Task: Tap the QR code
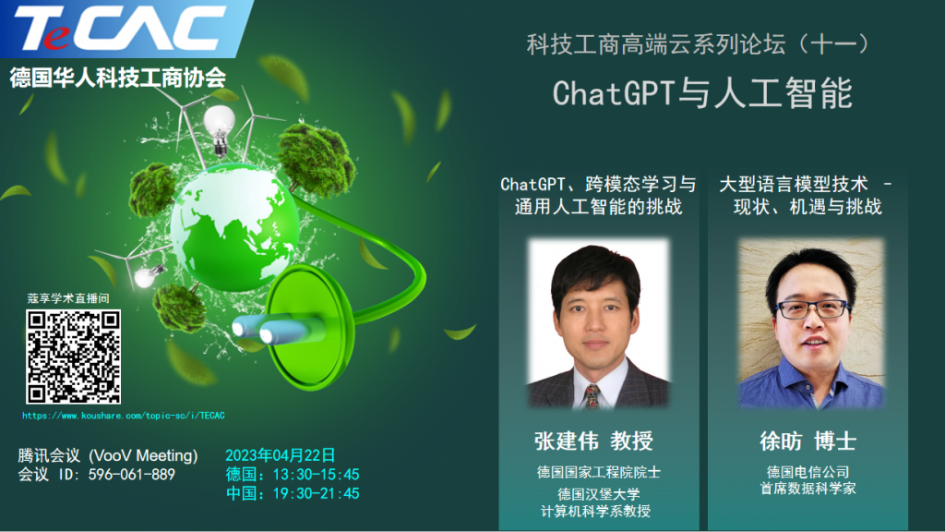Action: [74, 357]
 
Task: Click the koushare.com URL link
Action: [124, 416]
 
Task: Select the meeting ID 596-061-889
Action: [131, 475]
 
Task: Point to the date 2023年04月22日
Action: [281, 455]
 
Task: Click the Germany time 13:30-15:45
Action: [316, 475]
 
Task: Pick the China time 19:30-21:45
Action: [316, 493]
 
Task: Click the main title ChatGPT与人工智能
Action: [702, 93]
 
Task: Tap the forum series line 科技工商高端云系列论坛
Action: [656, 44]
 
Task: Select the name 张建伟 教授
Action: [593, 441]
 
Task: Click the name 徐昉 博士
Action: [808, 441]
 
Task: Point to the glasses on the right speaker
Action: [813, 309]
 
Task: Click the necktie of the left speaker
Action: [592, 396]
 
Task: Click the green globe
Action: [234, 227]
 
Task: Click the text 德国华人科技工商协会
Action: [117, 78]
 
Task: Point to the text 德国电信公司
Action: [807, 472]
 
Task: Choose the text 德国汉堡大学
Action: [598, 495]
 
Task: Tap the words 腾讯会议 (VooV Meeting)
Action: [108, 455]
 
